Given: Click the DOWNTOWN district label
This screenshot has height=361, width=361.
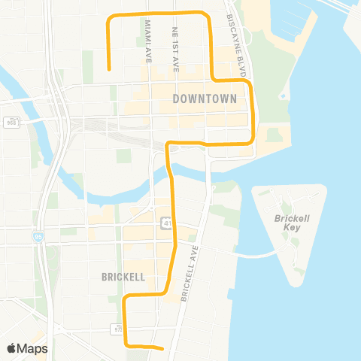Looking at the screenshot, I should (205, 99).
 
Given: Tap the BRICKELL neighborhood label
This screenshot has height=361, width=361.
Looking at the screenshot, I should (123, 277).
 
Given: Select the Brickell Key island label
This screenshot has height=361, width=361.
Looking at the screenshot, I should (287, 223).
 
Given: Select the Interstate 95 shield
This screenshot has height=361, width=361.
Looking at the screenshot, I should (38, 237).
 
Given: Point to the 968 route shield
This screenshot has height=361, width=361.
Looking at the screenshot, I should (11, 123).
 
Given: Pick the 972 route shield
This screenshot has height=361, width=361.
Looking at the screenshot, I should (118, 329).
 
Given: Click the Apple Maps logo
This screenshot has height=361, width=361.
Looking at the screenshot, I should (27, 348).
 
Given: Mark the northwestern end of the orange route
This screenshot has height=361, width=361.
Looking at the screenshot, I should (110, 69).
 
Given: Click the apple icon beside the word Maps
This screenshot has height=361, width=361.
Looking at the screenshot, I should (11, 348).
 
